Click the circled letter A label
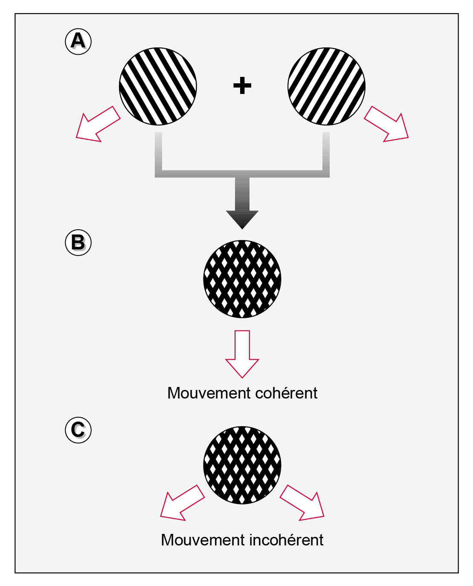point(78,41)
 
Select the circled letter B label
point(78,243)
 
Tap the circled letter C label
point(78,430)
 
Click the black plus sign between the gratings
point(242,86)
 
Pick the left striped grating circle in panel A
point(158,86)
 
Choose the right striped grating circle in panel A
point(327,86)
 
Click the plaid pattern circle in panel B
point(242,279)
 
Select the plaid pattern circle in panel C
point(242,465)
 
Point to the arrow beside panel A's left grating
point(97,124)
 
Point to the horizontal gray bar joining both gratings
point(242,173)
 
